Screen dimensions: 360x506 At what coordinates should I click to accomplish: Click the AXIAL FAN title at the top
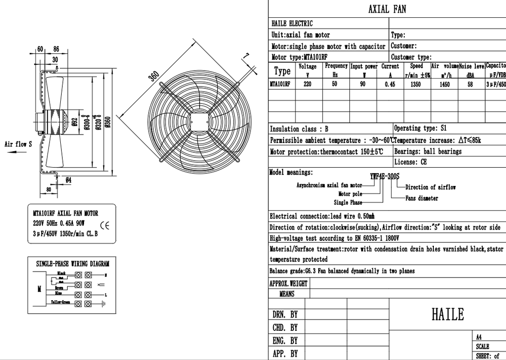[x=387, y=9]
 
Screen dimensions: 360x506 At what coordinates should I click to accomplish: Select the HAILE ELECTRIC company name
[x=292, y=23]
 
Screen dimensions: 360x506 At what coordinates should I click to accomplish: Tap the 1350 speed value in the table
[x=417, y=85]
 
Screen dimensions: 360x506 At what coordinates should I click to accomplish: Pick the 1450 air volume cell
[x=445, y=85]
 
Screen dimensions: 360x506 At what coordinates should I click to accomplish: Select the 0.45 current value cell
[x=390, y=85]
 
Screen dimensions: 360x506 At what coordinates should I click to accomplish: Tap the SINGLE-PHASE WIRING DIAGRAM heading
[x=73, y=264]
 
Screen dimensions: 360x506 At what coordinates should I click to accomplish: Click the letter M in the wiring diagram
[x=39, y=289]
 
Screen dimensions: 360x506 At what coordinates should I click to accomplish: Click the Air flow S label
[x=18, y=144]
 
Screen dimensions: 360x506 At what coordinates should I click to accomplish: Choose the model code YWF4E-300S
[x=384, y=176]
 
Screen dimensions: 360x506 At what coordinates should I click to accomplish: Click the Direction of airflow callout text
[x=430, y=187]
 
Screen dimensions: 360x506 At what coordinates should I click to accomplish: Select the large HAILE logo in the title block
[x=448, y=315]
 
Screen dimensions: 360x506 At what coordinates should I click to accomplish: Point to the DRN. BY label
[x=285, y=315]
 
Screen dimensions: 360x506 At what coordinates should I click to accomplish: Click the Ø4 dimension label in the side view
[x=68, y=181]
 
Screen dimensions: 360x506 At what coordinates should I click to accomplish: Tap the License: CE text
[x=410, y=162]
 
